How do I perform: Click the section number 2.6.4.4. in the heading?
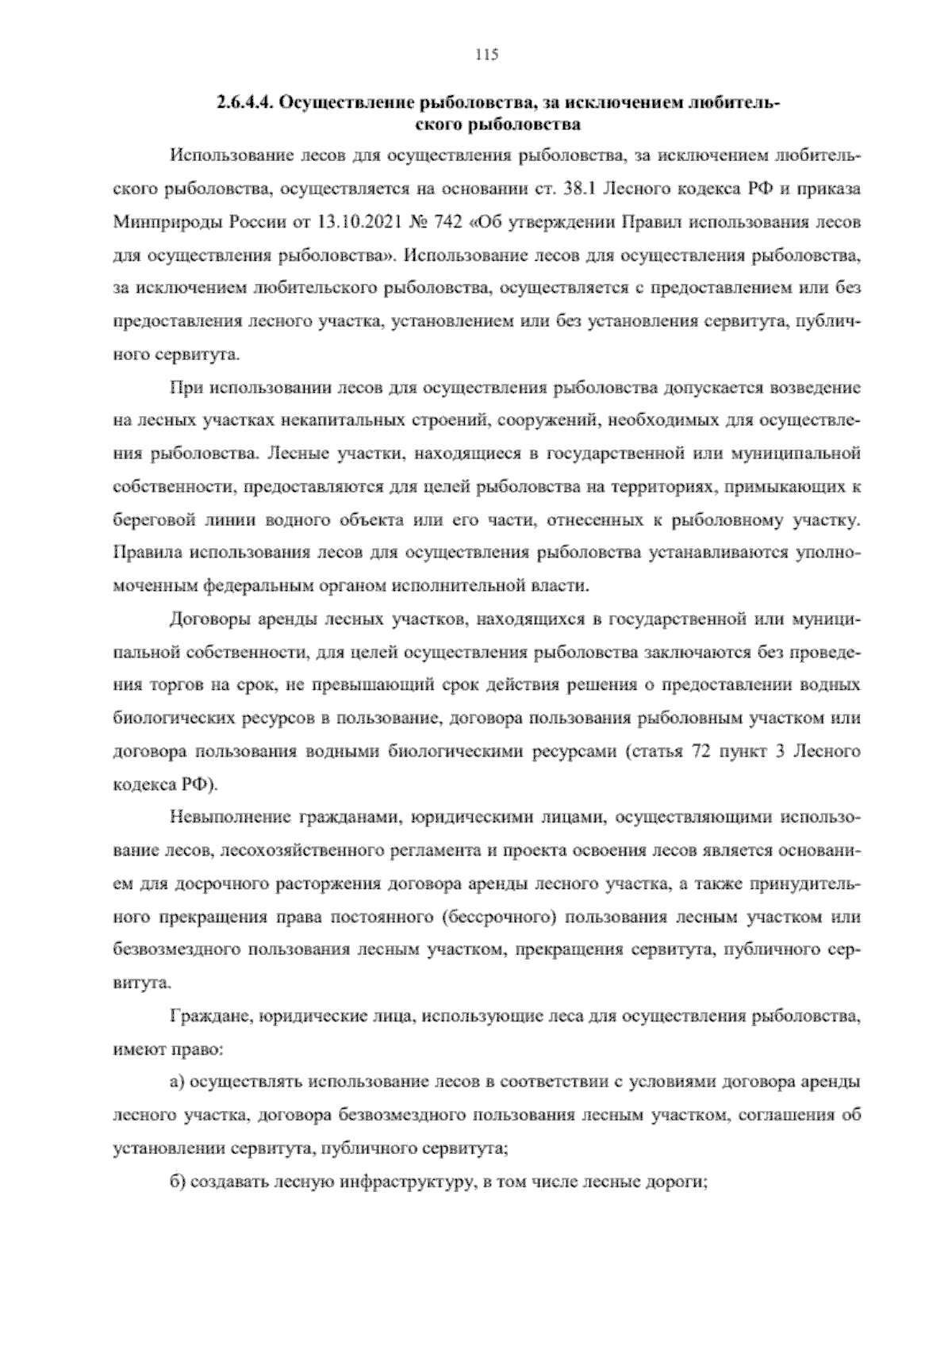244,103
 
